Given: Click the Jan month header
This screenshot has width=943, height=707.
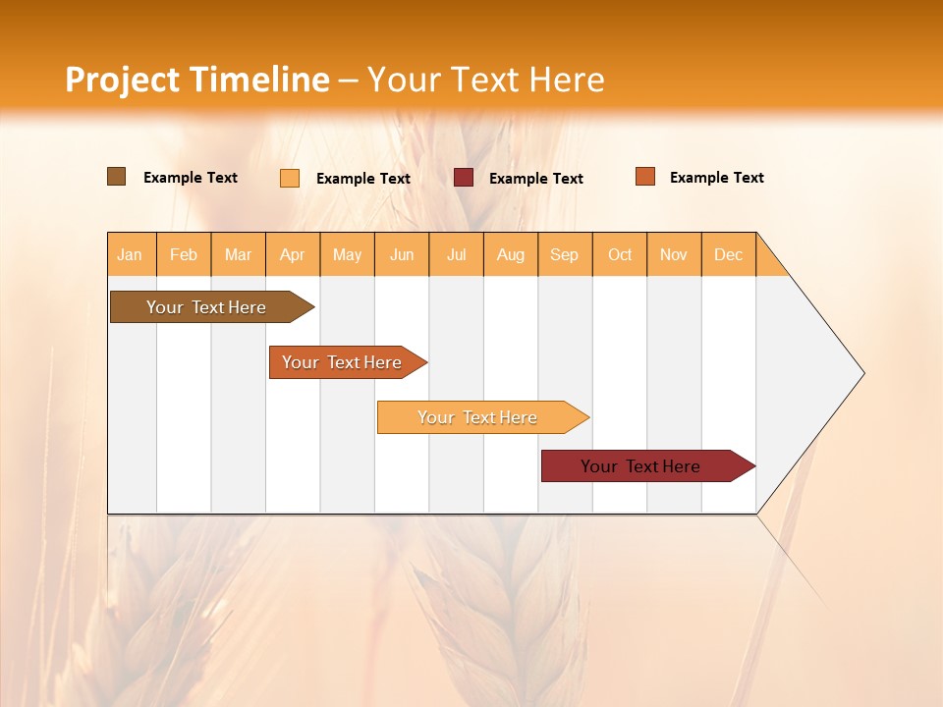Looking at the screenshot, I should pos(131,254).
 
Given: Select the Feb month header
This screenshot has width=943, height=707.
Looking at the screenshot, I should pos(184,254).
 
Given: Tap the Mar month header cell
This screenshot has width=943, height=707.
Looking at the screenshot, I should pos(238,254).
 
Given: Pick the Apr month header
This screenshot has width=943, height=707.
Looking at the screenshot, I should pos(293,254).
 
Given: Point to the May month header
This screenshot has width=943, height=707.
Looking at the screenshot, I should pos(347,254).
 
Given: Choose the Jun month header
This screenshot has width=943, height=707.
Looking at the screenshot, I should pos(402,254).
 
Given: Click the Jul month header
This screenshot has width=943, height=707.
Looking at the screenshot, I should pos(456,254).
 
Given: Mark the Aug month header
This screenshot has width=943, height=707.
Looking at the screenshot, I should pos(511,254).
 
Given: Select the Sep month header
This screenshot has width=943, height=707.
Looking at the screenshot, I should pos(565,254).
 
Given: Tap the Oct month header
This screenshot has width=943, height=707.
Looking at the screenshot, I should pos(620,254).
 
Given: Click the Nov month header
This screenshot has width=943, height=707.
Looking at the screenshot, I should pos(674,254).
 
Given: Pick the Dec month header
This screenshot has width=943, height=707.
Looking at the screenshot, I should pos(729,254).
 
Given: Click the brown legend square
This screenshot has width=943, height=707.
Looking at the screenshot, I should pos(117,177).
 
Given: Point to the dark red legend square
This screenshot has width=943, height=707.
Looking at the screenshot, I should pos(464,177).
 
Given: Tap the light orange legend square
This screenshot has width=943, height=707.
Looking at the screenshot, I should pos(290,178).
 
